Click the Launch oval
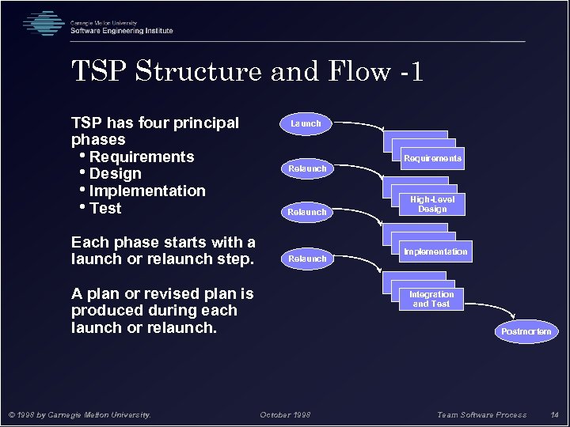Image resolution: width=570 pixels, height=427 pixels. [306, 123]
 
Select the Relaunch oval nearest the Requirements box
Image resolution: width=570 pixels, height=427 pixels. [307, 168]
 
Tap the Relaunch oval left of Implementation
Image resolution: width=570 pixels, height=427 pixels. [307, 259]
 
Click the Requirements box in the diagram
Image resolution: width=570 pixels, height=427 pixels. [432, 158]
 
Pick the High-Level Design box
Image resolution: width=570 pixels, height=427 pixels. [432, 205]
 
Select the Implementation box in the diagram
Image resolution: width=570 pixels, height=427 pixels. [435, 251]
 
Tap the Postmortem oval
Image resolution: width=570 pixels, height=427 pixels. [526, 331]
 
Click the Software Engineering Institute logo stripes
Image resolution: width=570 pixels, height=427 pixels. [43, 24]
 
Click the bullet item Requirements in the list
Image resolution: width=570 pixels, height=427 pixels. [141, 157]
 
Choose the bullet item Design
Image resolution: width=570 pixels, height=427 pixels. [115, 174]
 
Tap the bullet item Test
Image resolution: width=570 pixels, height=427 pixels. [105, 209]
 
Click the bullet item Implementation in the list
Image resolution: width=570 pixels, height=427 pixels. [146, 191]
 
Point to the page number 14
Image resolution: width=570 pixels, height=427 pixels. [554, 415]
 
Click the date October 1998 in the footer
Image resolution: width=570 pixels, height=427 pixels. [285, 415]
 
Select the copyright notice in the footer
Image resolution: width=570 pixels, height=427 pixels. [79, 415]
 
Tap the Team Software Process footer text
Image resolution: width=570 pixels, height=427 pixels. [481, 415]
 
